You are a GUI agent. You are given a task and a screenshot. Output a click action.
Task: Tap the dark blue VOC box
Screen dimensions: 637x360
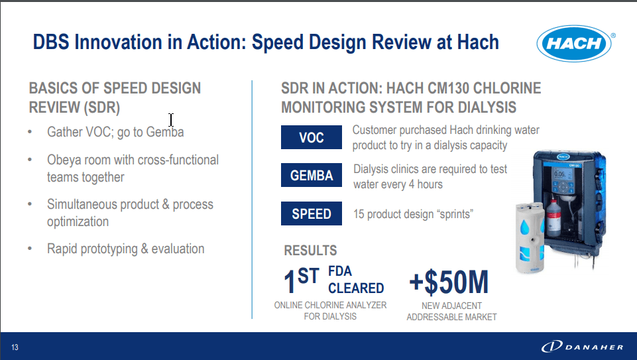[x=311, y=137]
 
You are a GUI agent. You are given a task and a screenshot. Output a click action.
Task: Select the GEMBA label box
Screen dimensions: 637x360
[x=311, y=175]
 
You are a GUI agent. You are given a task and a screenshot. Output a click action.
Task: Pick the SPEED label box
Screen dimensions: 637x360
[x=311, y=213]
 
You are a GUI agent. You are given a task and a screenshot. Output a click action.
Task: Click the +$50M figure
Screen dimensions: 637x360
[x=449, y=282]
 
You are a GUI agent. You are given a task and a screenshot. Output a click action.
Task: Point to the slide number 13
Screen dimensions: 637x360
[x=15, y=347]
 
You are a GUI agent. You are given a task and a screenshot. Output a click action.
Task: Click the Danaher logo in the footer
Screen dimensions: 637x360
[x=582, y=347]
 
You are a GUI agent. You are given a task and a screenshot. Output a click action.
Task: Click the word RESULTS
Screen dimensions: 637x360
[x=310, y=251]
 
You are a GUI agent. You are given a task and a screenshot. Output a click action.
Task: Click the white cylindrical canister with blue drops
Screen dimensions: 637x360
[x=530, y=238]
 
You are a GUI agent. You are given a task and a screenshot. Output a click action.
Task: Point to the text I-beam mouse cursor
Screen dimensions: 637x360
[x=171, y=120]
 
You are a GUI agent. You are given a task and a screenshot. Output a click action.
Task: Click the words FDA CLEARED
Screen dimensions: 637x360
[x=356, y=280]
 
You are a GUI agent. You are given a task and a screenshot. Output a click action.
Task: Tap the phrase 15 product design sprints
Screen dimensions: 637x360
[x=413, y=214]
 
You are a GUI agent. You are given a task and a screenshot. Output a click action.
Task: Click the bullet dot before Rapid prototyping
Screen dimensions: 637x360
[x=30, y=248]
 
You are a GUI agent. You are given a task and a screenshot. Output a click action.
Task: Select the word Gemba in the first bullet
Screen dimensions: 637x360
[x=165, y=132]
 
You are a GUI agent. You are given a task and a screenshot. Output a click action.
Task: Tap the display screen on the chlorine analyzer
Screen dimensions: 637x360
[x=559, y=174]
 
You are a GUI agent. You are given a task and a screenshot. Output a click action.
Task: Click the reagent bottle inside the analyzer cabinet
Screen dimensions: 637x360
[x=553, y=217]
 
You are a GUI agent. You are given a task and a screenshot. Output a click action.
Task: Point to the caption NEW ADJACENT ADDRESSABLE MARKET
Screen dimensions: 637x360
[x=452, y=311]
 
